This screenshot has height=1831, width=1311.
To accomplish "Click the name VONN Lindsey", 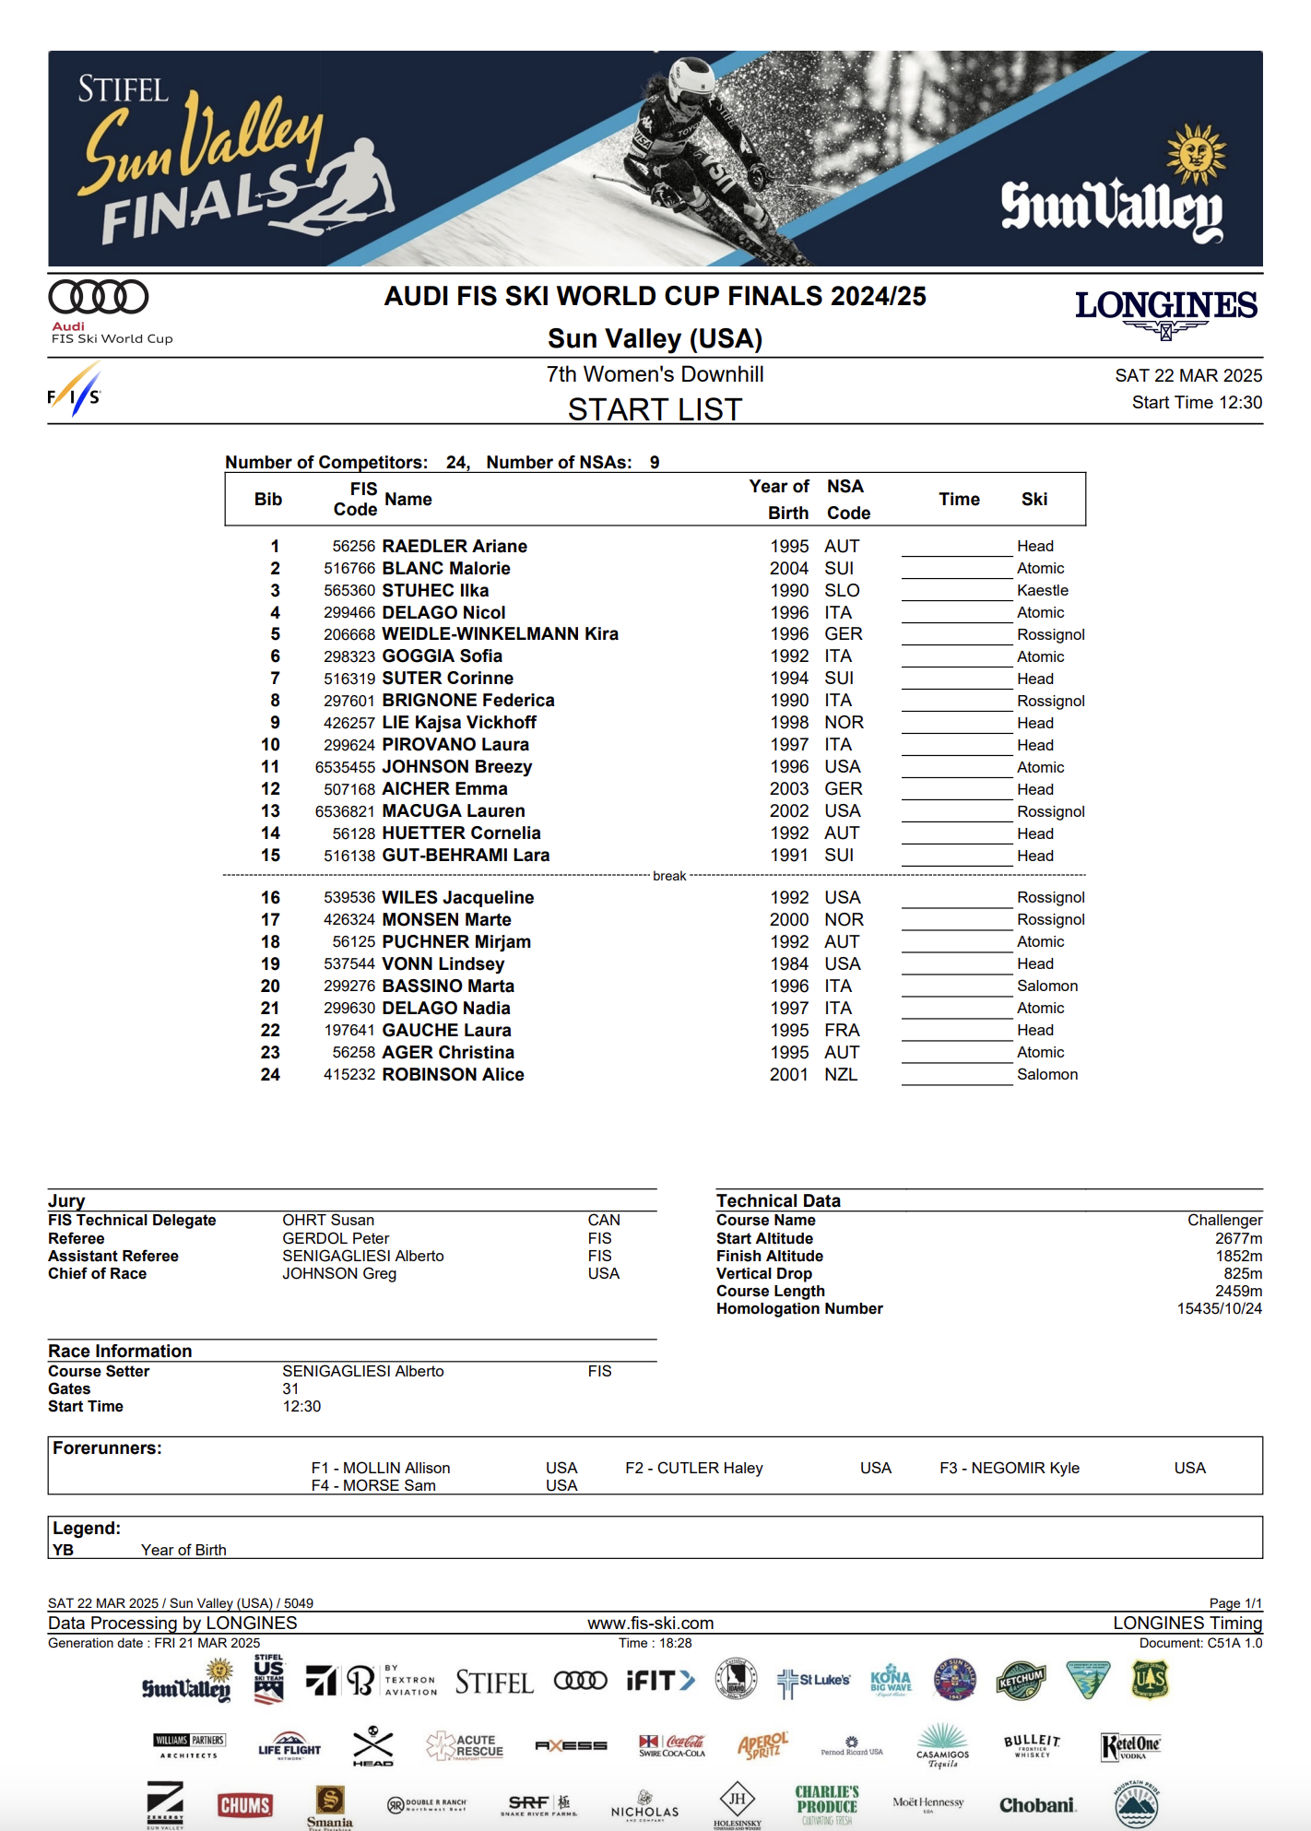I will click(x=443, y=963).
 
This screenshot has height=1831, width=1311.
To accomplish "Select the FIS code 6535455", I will click(x=345, y=767).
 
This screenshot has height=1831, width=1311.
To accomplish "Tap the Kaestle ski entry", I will click(x=1042, y=590).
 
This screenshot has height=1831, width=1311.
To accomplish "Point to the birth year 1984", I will click(x=789, y=963).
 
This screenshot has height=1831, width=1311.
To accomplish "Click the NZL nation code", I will click(x=840, y=1074).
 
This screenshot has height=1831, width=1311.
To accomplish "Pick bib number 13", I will click(x=270, y=811).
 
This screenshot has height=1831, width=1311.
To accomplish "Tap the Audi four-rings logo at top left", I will click(x=99, y=297).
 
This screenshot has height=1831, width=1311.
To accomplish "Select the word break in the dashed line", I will click(x=669, y=876).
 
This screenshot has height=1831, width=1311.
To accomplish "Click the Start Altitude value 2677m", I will click(x=1238, y=1238).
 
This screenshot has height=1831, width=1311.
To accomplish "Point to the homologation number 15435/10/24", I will click(x=1219, y=1308).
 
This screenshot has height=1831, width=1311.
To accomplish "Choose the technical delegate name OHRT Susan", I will click(x=328, y=1220).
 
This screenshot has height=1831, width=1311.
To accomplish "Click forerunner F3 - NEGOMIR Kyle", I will click(x=1010, y=1468).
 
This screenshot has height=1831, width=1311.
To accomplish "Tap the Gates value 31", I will click(x=290, y=1388).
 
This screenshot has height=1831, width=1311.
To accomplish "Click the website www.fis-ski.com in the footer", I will click(x=650, y=1623).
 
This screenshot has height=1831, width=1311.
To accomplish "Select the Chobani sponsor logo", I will click(x=1037, y=1805).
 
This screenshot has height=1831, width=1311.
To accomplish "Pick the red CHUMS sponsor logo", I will click(x=244, y=1805).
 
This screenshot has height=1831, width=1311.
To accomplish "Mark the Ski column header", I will click(x=1033, y=499).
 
